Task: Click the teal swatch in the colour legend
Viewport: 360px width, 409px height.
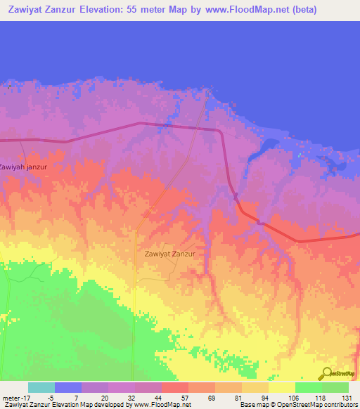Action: pyautogui.click(x=41, y=388)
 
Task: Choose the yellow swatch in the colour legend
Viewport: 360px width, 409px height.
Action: pyautogui.click(x=281, y=388)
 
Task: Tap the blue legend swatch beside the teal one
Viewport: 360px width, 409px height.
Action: pyautogui.click(x=68, y=388)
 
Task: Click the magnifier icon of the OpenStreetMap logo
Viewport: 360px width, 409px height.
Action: pyautogui.click(x=326, y=373)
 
